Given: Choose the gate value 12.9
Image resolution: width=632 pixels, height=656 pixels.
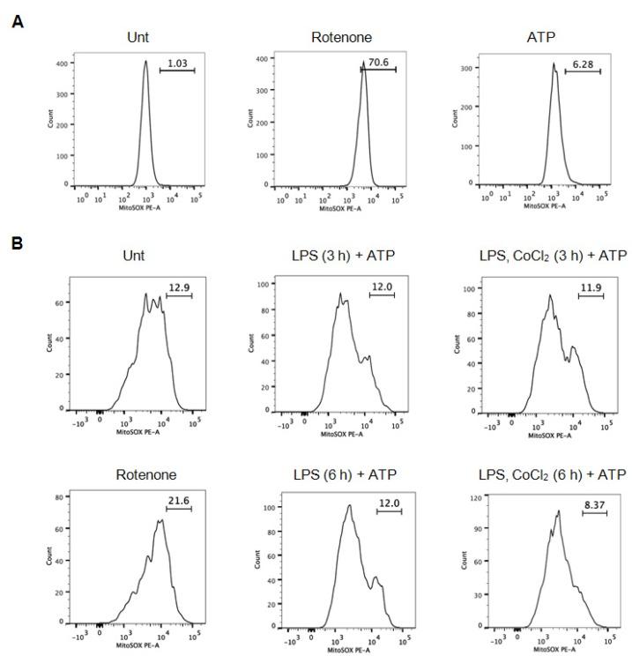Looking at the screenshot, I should pos(178,287).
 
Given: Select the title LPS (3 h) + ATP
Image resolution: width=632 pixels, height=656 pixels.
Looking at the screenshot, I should pos(351,255).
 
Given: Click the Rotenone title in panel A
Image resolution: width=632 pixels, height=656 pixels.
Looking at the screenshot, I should pos(351,37).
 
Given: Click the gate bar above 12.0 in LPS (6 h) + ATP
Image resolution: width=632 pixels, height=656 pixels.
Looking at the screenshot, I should pos(389,511).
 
